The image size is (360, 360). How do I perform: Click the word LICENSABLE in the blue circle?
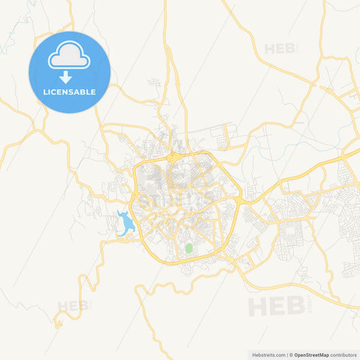pyautogui.click(x=69, y=92)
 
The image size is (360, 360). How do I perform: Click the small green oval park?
pyautogui.click(x=188, y=248)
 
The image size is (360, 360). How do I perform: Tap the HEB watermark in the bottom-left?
pyautogui.click(x=72, y=306)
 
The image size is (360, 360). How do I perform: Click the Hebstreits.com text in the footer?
pyautogui.click(x=267, y=354)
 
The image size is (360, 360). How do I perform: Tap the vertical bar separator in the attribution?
pyautogui.click(x=286, y=354)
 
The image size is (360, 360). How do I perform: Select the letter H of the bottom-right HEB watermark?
pyautogui.click(x=259, y=306)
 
